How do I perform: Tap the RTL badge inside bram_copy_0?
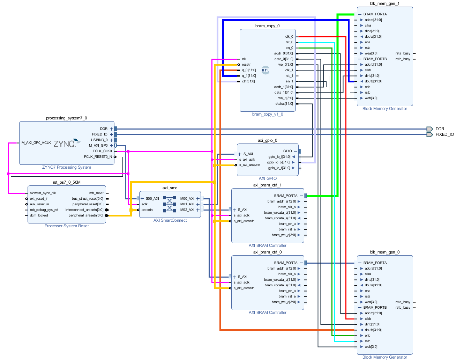point(265,70)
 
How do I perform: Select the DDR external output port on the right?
point(440,129)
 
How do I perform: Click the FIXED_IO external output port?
point(444,134)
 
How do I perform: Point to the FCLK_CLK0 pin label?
point(102,151)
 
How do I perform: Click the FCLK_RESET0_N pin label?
point(98,157)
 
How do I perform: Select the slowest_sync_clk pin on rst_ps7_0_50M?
point(43,193)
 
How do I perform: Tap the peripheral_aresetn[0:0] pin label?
point(86,215)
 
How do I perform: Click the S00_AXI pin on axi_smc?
point(152,199)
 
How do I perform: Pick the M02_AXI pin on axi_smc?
point(187,210)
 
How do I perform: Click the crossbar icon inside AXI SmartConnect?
point(170,204)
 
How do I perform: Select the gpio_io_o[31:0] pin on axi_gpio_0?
point(279,162)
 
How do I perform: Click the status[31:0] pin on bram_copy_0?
point(284,104)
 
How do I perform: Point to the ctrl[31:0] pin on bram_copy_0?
point(248,81)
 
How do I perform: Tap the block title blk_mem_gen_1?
point(384,3)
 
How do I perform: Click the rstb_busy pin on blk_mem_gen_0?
point(403,308)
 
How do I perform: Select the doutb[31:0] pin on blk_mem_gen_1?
point(373,81)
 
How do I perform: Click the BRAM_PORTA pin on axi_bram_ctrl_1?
point(286,196)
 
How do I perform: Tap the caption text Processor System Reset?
point(67,226)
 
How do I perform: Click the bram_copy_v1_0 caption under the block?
point(268,114)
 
